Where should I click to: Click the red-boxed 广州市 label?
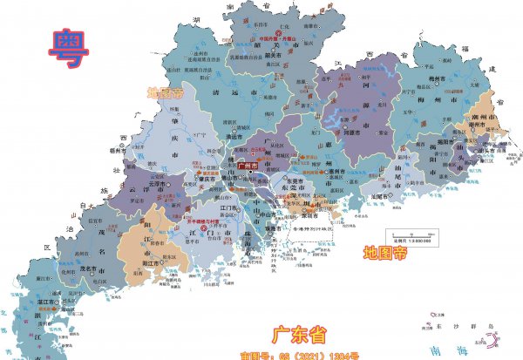pos(261,166)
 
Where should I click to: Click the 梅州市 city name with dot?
pos(451,78)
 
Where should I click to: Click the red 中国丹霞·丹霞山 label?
pos(285,39)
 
